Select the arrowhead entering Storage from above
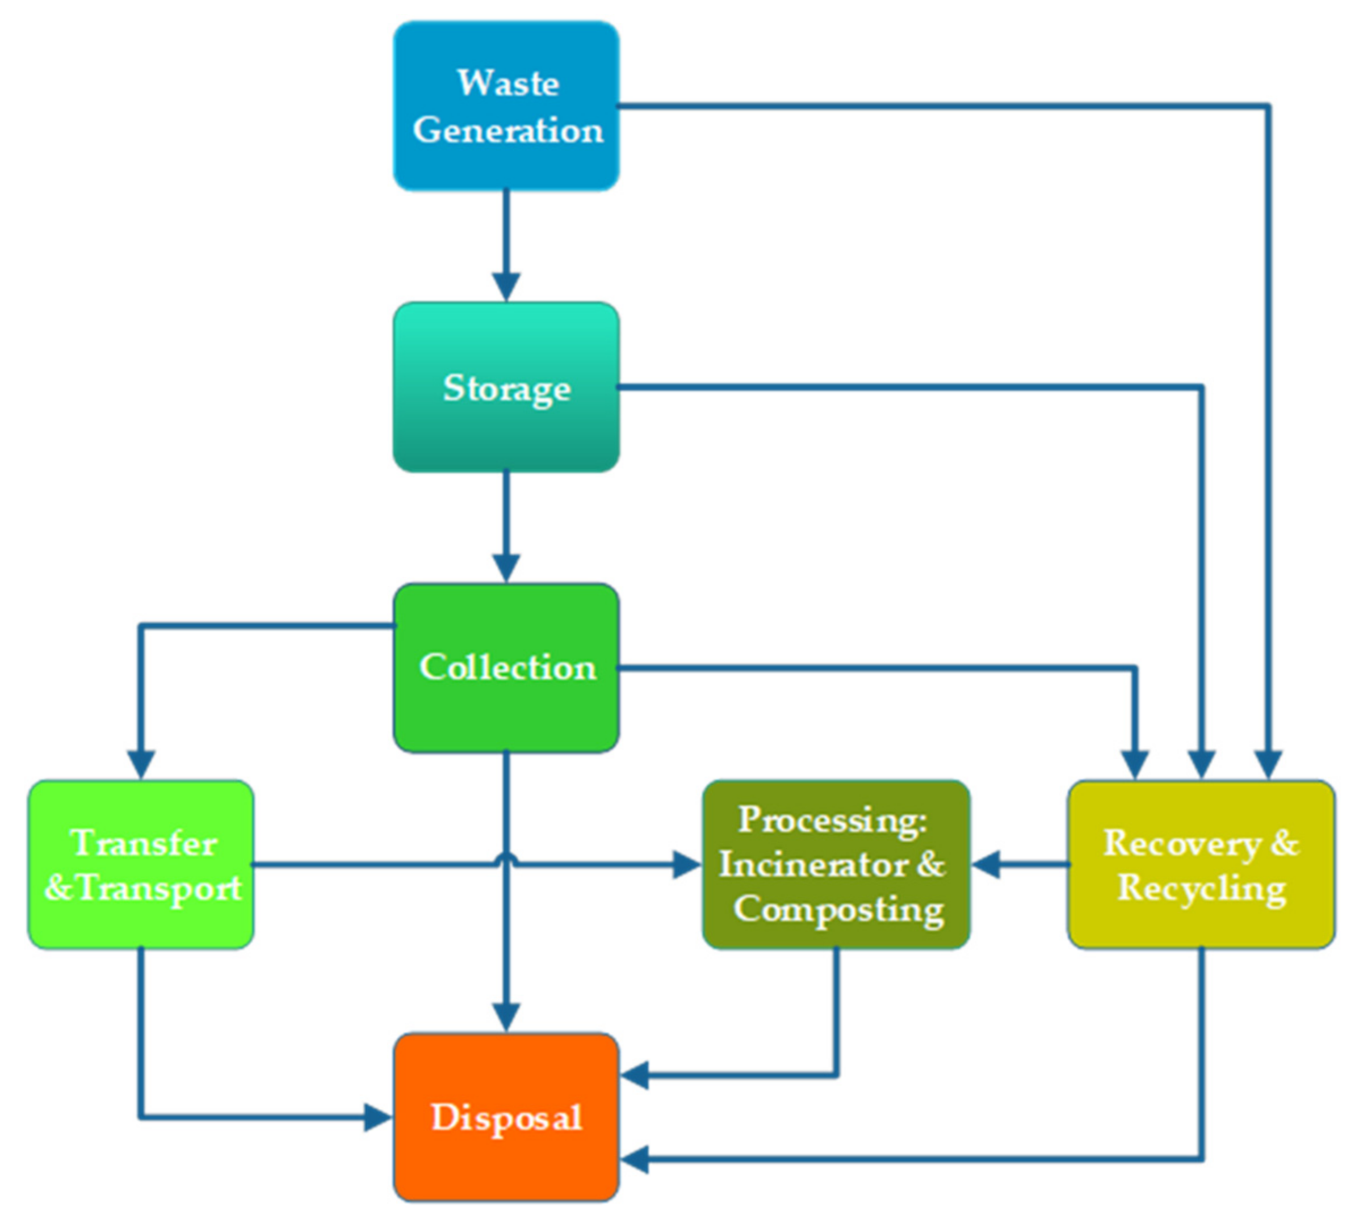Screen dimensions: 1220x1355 (x=506, y=287)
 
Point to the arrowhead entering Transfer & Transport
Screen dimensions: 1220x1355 (x=141, y=765)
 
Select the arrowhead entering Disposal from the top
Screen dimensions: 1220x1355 (x=506, y=1017)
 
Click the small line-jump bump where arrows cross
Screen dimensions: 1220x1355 (x=507, y=858)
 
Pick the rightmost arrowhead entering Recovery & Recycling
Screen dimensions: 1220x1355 (x=1268, y=765)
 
